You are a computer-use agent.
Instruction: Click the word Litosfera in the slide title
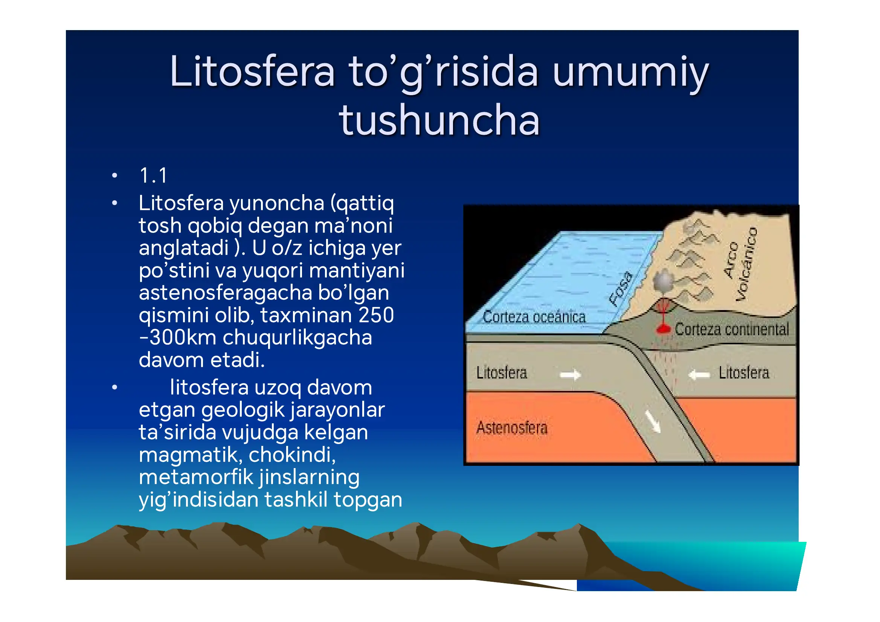252,71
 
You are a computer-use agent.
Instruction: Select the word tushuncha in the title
439,120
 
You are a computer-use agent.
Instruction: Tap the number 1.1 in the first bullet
153,176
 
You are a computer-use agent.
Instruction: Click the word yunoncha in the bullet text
277,203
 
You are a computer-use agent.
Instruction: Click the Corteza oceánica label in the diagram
534,317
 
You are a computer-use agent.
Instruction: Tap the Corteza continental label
731,329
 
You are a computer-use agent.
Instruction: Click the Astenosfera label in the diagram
512,428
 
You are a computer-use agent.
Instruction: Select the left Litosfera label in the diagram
501,373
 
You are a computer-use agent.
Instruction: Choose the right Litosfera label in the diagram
744,373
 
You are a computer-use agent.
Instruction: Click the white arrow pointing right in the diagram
570,374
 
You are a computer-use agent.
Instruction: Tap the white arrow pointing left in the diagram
699,374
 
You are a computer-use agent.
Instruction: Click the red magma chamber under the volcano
663,328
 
